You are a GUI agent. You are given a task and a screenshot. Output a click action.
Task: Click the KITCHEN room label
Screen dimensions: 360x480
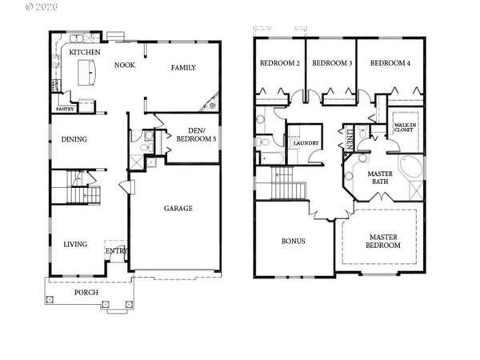[85, 52]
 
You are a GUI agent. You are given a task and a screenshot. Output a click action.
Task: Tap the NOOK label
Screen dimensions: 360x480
[124, 65]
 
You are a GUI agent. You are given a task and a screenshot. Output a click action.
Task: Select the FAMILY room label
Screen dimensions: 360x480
[183, 68]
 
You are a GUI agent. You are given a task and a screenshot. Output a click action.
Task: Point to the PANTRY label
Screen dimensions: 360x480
[65, 108]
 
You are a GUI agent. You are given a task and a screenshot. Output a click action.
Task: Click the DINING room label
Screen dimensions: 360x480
[74, 139]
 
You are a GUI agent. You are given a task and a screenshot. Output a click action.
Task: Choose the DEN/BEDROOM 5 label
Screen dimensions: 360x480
[202, 134]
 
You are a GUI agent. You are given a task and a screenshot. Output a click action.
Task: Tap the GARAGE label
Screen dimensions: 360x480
[178, 208]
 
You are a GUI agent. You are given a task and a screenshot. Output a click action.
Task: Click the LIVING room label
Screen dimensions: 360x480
[75, 244]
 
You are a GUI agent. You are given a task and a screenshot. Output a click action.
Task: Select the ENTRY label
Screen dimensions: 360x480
[116, 251]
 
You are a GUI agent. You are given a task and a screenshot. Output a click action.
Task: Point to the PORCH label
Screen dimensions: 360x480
[86, 292]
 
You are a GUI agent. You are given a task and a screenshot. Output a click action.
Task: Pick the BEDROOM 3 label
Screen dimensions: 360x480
[332, 63]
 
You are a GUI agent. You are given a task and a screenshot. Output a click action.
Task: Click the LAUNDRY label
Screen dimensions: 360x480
[306, 143]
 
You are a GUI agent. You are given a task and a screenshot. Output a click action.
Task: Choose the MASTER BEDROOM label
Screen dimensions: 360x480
[383, 242]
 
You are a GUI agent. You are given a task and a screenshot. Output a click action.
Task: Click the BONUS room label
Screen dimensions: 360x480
[293, 240]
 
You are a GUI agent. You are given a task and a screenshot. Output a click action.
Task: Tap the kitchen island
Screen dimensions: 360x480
[85, 76]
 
